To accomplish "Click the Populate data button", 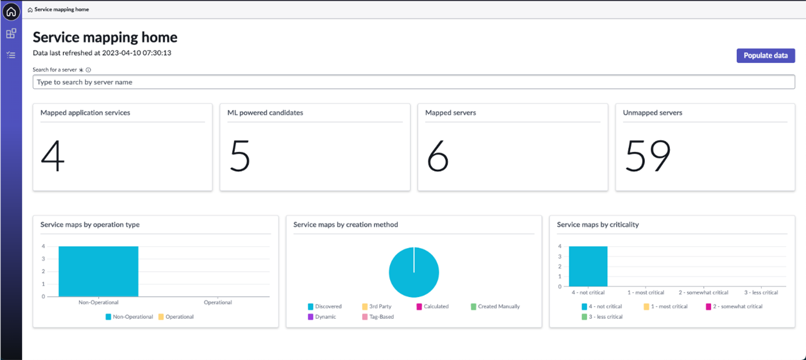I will pyautogui.click(x=765, y=55).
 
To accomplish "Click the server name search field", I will pyautogui.click(x=413, y=82).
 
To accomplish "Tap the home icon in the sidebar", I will pyautogui.click(x=11, y=11).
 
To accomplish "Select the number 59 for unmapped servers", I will pyautogui.click(x=648, y=156).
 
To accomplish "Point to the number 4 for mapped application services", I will pyautogui.click(x=53, y=156).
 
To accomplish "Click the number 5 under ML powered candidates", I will pyautogui.click(x=240, y=156).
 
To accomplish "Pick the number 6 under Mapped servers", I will pyautogui.click(x=438, y=156).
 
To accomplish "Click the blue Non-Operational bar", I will pyautogui.click(x=98, y=272).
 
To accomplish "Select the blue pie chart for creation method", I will pyautogui.click(x=413, y=272).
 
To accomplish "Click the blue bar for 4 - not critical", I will pyautogui.click(x=588, y=266).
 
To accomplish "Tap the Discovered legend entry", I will pyautogui.click(x=324, y=306).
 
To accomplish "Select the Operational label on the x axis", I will pyautogui.click(x=217, y=302).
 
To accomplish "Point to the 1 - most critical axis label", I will pyautogui.click(x=645, y=293).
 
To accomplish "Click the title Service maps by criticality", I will pyautogui.click(x=597, y=224).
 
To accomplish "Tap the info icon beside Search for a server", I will pyautogui.click(x=88, y=70).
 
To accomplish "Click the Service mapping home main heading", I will pyautogui.click(x=105, y=37).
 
